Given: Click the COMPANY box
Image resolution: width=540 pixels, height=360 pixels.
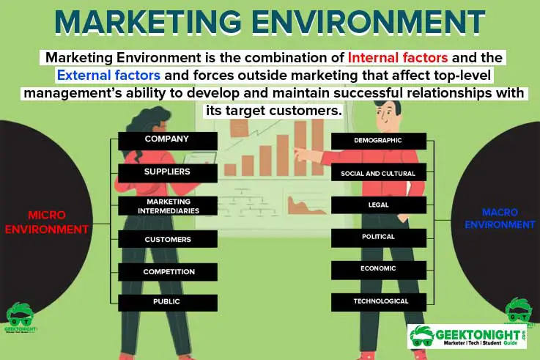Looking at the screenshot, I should click(x=167, y=139).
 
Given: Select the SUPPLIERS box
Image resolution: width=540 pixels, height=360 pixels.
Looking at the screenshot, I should click(x=167, y=172).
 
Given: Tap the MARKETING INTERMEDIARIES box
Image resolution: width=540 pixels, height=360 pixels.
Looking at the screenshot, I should click(x=168, y=206).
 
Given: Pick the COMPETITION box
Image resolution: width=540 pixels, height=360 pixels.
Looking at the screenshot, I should click(x=168, y=272).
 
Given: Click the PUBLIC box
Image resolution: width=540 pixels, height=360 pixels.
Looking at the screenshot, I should click(x=167, y=302).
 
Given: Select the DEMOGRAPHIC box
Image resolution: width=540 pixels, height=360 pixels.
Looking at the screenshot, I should click(x=378, y=140).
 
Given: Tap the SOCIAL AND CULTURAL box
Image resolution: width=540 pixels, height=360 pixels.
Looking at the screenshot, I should click(x=378, y=174).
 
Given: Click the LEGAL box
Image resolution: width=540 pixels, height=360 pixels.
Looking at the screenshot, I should click(x=378, y=205).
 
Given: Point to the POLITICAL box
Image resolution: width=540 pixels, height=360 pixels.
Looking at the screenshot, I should click(x=378, y=238).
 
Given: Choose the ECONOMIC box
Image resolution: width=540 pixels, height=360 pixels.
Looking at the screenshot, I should click(x=378, y=269).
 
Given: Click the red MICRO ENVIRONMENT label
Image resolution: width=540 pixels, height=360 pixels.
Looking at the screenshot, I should click(x=47, y=222).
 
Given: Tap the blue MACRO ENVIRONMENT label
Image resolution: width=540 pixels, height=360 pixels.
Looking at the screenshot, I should click(x=499, y=218).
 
